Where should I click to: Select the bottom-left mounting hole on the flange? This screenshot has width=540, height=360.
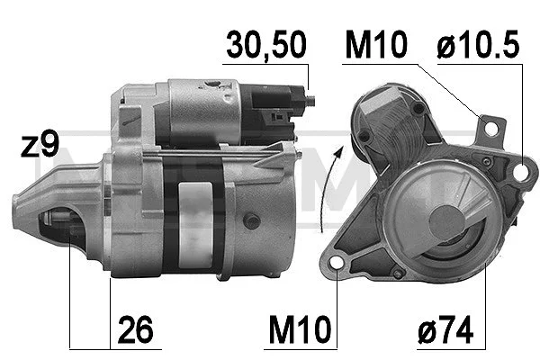(x=339, y=264)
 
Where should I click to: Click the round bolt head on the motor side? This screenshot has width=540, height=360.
(x=251, y=220)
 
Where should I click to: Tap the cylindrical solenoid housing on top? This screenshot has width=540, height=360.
(x=202, y=112)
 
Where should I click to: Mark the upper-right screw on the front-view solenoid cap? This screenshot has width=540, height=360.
(x=418, y=108)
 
